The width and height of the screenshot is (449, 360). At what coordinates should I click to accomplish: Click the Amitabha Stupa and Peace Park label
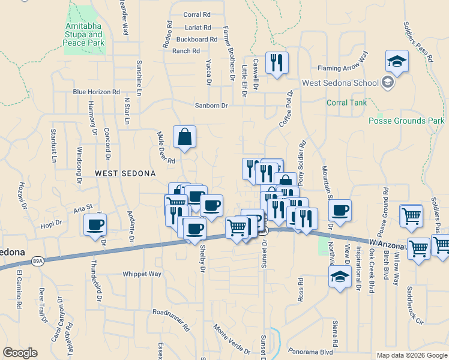(85, 35)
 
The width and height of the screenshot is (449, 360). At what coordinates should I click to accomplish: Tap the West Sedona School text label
(340, 83)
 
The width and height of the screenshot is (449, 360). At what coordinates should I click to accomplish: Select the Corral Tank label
(346, 103)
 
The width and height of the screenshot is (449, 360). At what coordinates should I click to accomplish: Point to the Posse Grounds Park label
(406, 121)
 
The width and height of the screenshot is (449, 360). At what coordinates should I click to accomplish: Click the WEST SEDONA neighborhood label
(125, 173)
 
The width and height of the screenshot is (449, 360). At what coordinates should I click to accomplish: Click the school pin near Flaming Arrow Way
(397, 61)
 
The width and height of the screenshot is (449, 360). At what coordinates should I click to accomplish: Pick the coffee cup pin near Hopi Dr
(96, 226)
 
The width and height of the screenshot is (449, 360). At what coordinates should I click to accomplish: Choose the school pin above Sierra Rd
(340, 277)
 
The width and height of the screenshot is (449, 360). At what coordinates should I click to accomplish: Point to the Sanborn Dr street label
(211, 106)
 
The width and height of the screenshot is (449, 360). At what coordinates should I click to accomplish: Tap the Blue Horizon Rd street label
(96, 92)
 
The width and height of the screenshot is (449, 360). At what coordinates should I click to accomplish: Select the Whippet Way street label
(142, 274)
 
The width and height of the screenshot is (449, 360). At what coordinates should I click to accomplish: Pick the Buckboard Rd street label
(196, 40)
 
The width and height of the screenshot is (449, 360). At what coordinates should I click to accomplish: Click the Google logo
(20, 353)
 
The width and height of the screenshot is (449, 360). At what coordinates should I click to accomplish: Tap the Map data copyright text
(412, 355)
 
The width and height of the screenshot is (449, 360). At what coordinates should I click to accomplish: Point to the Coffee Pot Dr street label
(285, 109)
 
